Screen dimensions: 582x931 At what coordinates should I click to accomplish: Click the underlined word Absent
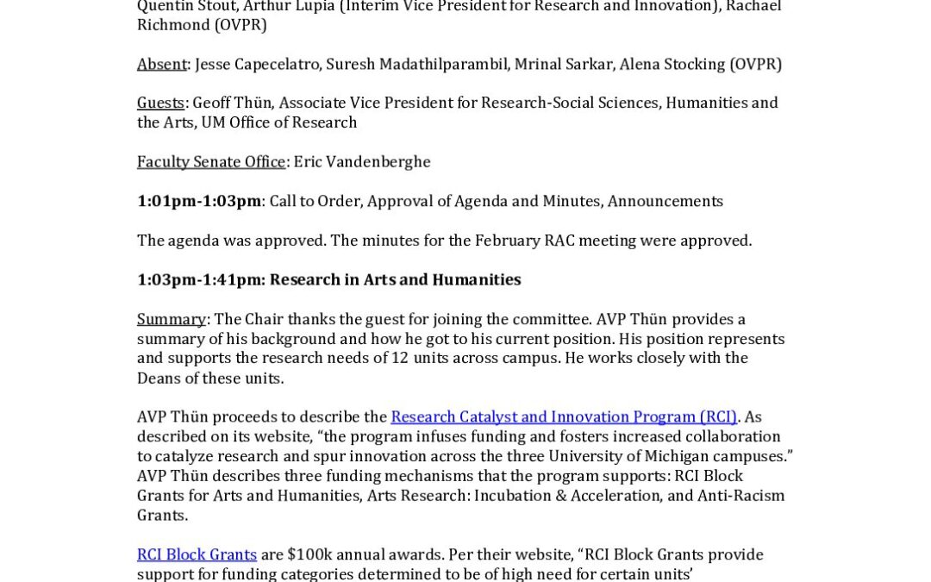[x=161, y=64]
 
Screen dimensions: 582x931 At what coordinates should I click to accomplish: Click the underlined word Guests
[x=160, y=103]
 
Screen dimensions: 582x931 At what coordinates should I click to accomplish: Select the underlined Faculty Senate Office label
[x=210, y=161]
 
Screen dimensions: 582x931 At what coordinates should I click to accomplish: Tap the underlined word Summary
[x=171, y=319]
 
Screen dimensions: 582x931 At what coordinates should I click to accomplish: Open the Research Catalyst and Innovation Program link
[x=563, y=417]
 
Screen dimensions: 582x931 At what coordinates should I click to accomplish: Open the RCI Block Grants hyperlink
[x=197, y=554]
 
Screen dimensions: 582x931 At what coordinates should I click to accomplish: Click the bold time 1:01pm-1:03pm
[x=198, y=201]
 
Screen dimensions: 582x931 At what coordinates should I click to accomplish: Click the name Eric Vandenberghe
[x=361, y=161]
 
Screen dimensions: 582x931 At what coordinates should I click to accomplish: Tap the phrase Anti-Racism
[x=742, y=496]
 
